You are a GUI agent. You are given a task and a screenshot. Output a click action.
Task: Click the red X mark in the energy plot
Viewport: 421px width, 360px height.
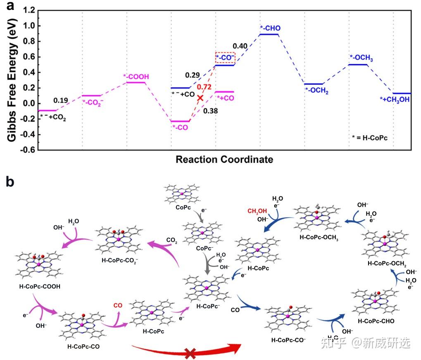pos(200,98)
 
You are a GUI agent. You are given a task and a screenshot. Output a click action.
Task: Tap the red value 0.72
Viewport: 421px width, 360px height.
pos(204,87)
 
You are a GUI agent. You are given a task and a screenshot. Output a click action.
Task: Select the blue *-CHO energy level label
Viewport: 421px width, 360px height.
pos(270,28)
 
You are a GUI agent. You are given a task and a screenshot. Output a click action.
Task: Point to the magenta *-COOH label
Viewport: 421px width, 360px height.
pos(136,76)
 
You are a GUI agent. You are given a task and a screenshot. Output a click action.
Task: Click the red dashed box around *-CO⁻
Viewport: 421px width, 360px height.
pos(225,58)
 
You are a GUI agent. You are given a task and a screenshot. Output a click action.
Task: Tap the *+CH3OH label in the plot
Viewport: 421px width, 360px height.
pos(395,99)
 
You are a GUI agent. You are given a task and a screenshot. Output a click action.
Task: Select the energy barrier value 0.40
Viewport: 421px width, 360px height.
pos(240,45)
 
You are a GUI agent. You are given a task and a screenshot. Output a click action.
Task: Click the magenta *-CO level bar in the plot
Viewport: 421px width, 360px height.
pos(181,121)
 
